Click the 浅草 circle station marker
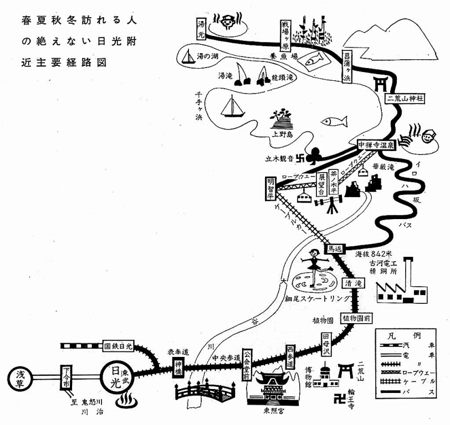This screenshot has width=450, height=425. (22, 380)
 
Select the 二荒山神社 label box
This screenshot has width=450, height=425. (405, 98)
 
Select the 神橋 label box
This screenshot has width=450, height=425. (178, 366)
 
